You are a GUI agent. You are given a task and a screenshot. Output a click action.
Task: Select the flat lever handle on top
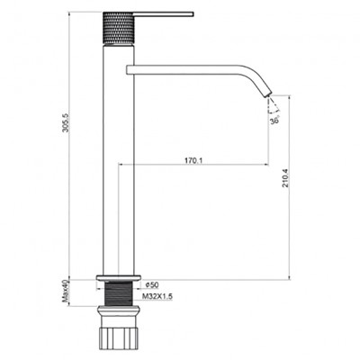166,15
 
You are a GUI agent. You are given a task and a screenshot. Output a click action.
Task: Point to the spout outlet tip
268,93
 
